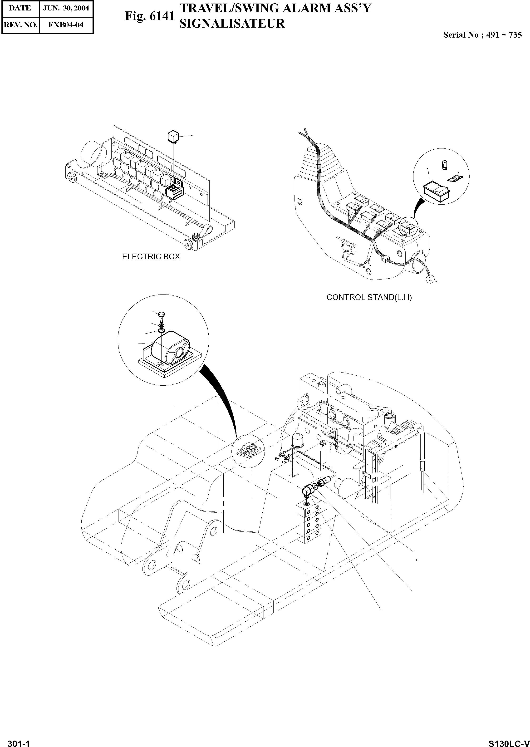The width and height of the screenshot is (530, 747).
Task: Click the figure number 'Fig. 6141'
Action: (149, 16)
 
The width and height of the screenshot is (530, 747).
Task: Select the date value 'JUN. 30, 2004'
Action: (66, 8)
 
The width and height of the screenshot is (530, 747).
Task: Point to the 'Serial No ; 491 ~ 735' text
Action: (482, 35)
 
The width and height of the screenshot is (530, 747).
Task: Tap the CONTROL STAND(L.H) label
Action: (369, 297)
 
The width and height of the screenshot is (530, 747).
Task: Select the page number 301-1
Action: (19, 741)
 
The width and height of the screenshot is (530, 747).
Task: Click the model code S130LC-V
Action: (508, 741)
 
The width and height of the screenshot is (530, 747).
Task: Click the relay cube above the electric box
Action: (173, 136)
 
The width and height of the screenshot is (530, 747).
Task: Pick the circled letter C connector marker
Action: (430, 279)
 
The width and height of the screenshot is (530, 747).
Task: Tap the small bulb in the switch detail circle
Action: (444, 165)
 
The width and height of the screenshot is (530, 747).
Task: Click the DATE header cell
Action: (20, 8)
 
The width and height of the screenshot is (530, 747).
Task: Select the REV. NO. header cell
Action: (20, 25)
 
